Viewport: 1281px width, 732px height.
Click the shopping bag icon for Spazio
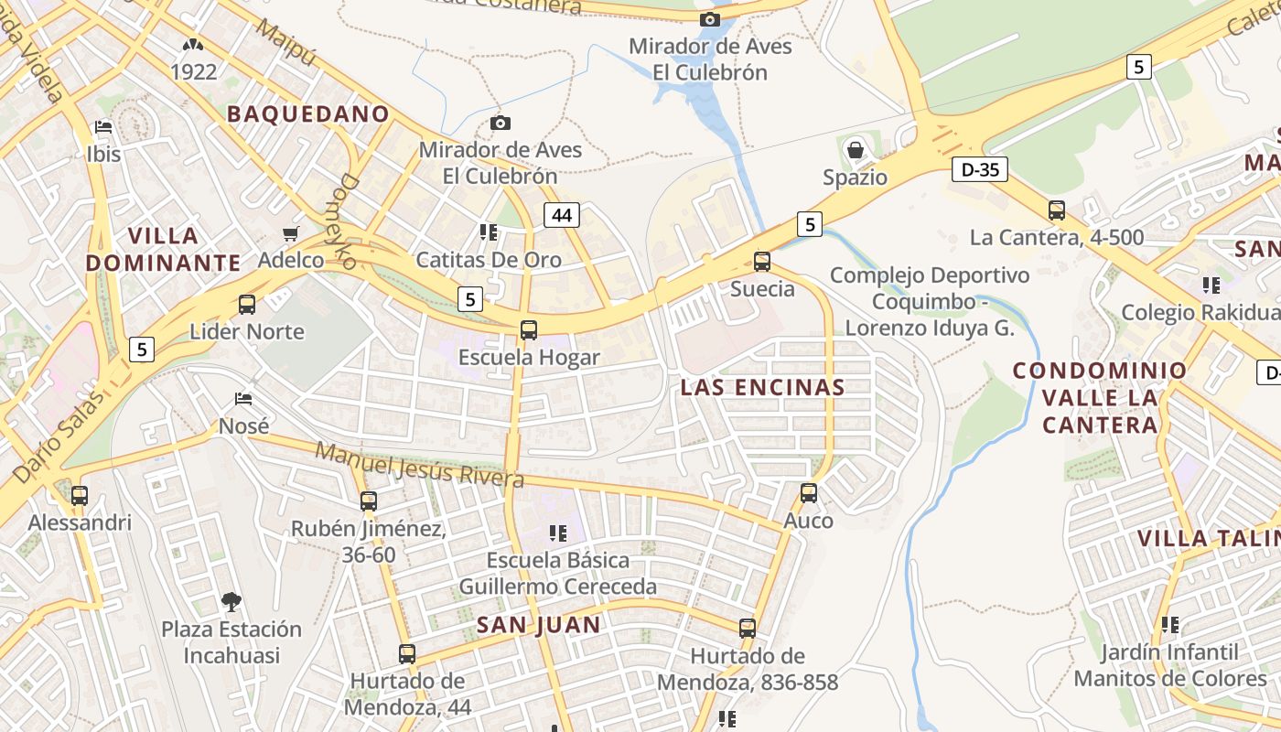(856, 148)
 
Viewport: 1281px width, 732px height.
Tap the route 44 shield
(561, 216)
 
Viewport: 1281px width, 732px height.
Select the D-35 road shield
(979, 169)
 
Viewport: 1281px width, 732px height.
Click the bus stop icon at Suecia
(762, 262)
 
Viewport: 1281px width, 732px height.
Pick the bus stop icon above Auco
(809, 493)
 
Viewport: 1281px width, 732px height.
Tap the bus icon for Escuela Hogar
(529, 330)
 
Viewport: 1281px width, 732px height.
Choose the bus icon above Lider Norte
(247, 305)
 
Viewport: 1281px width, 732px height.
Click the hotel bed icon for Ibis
(103, 127)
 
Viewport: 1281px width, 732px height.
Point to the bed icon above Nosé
(243, 399)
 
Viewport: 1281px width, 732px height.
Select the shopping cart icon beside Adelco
(291, 233)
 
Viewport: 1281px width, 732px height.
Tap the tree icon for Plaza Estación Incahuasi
(231, 601)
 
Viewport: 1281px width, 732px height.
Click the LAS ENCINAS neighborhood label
(762, 387)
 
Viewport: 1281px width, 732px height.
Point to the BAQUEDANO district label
(308, 114)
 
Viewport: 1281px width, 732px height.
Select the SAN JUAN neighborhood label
(538, 625)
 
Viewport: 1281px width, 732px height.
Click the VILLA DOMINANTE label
(163, 249)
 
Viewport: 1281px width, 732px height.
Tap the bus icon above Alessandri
(80, 496)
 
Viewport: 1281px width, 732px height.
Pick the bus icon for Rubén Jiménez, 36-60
(369, 501)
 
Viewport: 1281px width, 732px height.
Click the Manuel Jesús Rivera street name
(419, 465)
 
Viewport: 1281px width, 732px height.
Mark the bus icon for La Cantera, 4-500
(1057, 210)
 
